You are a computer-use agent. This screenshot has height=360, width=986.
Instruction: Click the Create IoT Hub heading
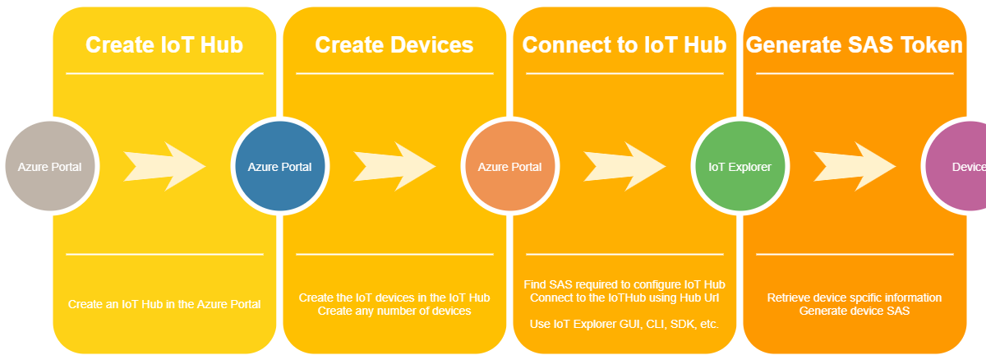[x=164, y=44]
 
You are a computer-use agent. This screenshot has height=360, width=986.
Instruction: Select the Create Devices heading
[x=394, y=44]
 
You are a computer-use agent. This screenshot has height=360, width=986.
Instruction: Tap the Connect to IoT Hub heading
[x=624, y=44]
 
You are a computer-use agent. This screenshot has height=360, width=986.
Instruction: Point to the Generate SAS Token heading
[x=855, y=44]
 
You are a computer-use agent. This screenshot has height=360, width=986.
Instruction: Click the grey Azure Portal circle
[x=49, y=167]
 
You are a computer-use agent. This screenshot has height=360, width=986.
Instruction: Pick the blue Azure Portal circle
[x=279, y=167]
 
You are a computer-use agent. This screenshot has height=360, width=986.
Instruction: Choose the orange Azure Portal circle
[x=509, y=167]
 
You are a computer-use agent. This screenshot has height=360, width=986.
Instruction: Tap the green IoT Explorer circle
[x=739, y=167]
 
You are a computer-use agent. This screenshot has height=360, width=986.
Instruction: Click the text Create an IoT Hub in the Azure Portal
[x=164, y=304]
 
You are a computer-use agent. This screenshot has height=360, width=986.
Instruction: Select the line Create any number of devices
[x=394, y=311]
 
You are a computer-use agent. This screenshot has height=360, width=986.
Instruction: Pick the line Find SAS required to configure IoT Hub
[x=624, y=284]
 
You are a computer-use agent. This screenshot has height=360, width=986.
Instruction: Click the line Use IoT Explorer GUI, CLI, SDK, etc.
[x=624, y=324]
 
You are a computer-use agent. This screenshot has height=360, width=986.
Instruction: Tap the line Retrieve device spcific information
[x=855, y=298]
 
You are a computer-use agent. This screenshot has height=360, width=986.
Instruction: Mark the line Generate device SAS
[x=855, y=311]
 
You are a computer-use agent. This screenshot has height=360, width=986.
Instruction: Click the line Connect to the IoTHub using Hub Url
[x=624, y=297]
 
